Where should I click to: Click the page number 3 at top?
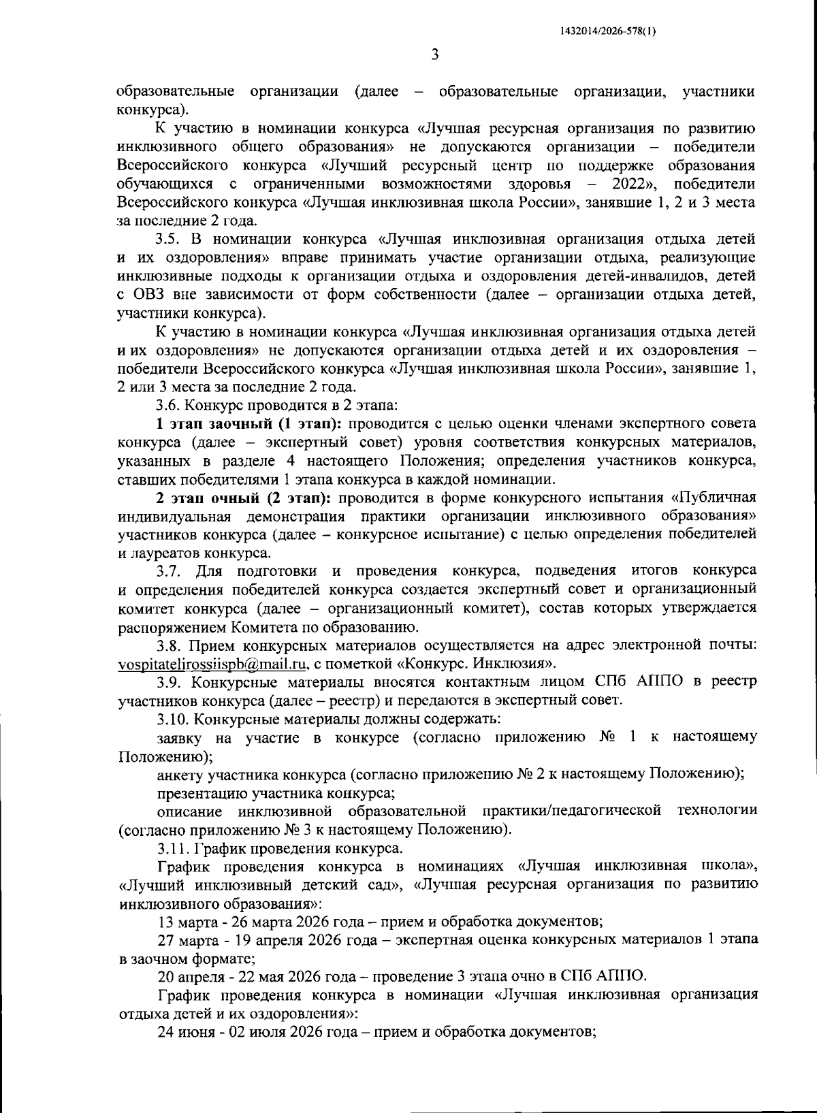(x=434, y=55)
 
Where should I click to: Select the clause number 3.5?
(x=168, y=239)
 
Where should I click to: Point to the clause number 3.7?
(x=168, y=570)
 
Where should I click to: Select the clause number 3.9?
(x=168, y=681)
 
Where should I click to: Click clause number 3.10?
(x=172, y=718)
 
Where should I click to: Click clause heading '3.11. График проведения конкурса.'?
(x=279, y=848)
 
